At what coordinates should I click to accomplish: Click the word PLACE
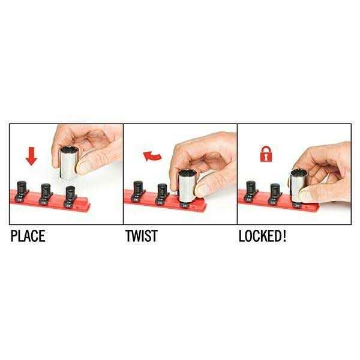(28, 236)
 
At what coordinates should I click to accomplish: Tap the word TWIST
(142, 236)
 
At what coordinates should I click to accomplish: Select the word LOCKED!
(262, 236)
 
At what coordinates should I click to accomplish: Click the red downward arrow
(31, 156)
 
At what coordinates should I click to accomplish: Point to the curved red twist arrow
(152, 156)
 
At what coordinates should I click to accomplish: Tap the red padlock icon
(266, 154)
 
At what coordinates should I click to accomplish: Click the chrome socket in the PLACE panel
(70, 163)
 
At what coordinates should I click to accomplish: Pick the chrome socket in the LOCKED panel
(298, 186)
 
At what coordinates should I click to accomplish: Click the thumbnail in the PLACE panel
(83, 167)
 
